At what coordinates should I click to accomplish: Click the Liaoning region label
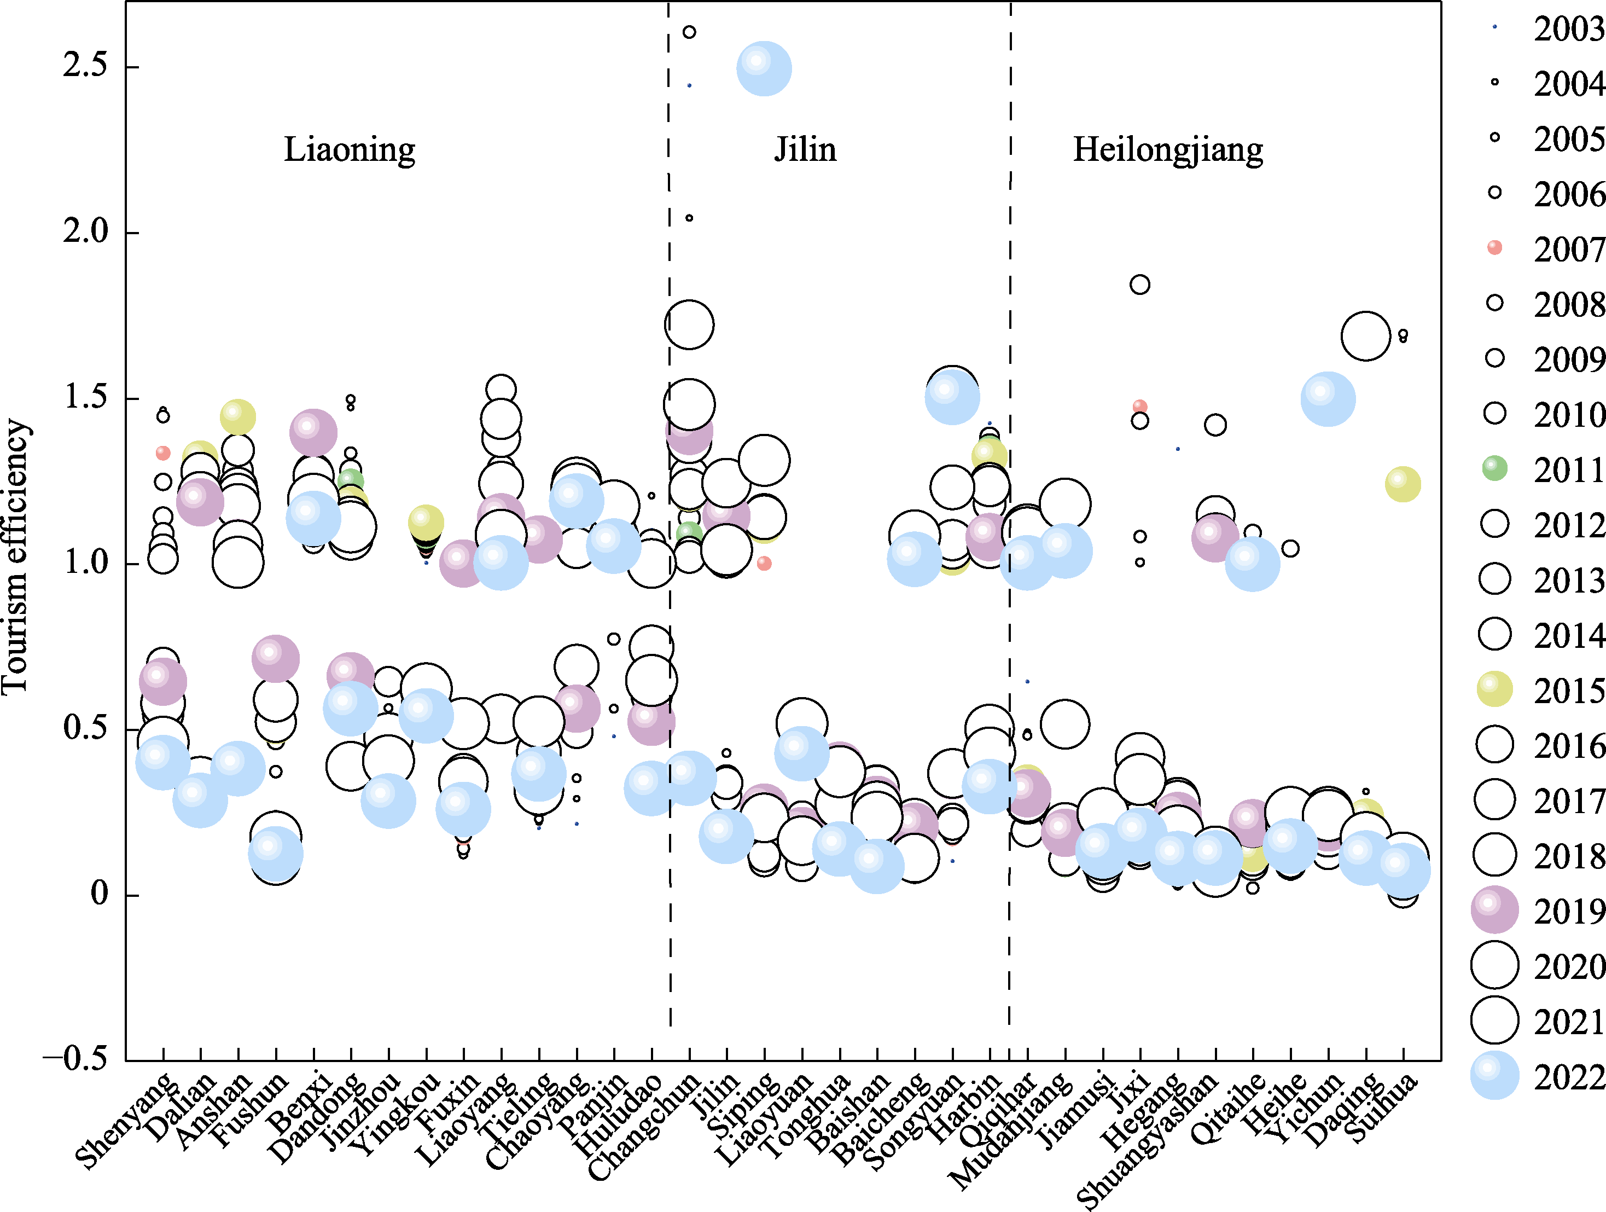click(349, 149)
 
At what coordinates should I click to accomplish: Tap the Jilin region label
click(805, 149)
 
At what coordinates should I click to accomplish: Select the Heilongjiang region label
click(1167, 149)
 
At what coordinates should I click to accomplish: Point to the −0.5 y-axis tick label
click(75, 1059)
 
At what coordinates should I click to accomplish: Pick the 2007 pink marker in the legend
click(1494, 248)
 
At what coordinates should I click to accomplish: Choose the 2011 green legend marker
click(1494, 468)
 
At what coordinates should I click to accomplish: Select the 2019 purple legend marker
click(1494, 910)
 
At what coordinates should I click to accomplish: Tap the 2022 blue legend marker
click(1494, 1075)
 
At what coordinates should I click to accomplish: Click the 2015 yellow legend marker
click(1494, 689)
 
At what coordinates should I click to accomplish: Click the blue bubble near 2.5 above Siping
click(764, 68)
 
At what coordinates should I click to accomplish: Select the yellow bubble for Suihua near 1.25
click(1403, 484)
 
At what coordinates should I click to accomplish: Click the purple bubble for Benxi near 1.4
click(313, 433)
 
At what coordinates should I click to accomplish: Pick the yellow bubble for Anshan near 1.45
click(238, 417)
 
